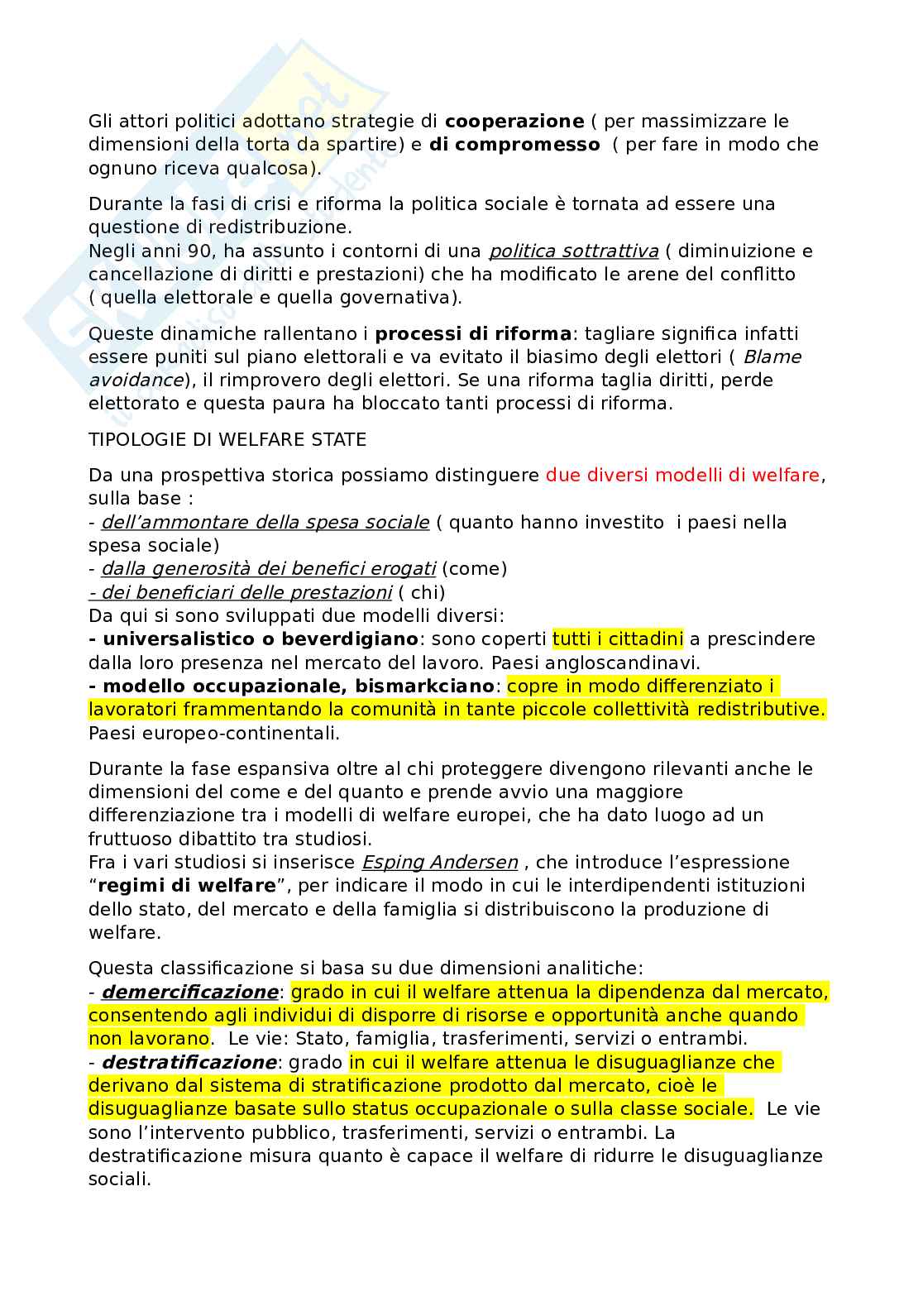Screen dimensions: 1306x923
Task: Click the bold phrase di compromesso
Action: click(x=514, y=145)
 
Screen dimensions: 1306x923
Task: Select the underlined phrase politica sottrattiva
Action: click(x=574, y=251)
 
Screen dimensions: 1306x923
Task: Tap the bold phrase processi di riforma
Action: click(x=473, y=334)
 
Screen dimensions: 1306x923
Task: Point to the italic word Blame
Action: click(x=772, y=357)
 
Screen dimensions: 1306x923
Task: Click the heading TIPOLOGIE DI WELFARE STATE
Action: click(x=227, y=440)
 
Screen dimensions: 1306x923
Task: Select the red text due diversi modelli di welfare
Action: click(x=682, y=476)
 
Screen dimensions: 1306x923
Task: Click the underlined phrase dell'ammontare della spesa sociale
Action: click(x=265, y=523)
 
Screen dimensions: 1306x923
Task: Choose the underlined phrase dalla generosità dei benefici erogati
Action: click(x=268, y=569)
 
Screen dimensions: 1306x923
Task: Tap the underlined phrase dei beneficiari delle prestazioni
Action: click(x=240, y=593)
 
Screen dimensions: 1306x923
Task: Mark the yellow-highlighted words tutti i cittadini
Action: click(x=618, y=639)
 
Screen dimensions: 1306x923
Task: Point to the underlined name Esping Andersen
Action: click(x=440, y=863)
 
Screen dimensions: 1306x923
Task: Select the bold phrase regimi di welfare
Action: click(x=187, y=886)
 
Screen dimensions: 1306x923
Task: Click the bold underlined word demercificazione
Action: click(x=189, y=992)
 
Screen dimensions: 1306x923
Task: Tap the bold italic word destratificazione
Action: click(x=189, y=1062)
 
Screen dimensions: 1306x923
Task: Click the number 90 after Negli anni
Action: click(x=200, y=251)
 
